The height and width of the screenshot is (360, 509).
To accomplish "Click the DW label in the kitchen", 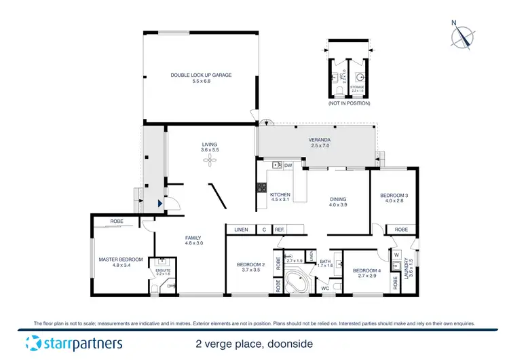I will (288, 164).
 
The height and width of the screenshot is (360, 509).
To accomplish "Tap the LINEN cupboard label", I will (241, 230).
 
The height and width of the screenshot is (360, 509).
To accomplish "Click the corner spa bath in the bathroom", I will (295, 281).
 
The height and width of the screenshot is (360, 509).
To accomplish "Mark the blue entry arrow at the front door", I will (159, 202).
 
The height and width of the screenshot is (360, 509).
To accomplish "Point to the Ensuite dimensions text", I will (163, 274).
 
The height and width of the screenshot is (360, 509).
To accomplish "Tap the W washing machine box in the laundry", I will (396, 255).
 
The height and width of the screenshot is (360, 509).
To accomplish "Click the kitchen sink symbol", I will (277, 164).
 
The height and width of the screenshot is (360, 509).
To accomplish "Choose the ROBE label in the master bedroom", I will (117, 221).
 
